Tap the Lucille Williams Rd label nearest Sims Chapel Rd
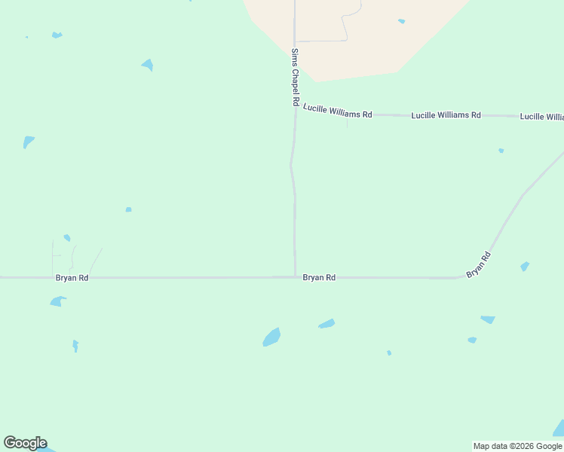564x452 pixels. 338,111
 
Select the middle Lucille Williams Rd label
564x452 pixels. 446,115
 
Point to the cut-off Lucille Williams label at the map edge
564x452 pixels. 541,117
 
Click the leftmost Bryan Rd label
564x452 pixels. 72,278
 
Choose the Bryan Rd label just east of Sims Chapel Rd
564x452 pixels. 319,278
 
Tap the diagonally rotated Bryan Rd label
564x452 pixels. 479,264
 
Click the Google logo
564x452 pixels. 25,443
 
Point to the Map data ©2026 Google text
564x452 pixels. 517,446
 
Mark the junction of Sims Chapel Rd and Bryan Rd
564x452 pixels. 295,277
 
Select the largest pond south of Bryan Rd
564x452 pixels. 271,337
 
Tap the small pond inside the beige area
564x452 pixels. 401,21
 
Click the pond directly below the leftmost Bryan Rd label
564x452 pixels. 57,301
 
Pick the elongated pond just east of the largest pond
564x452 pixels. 326,324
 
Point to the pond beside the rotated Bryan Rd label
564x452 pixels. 525,266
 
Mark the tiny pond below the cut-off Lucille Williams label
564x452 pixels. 501,151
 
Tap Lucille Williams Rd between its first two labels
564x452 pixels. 391,115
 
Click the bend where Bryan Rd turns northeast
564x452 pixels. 461,276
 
